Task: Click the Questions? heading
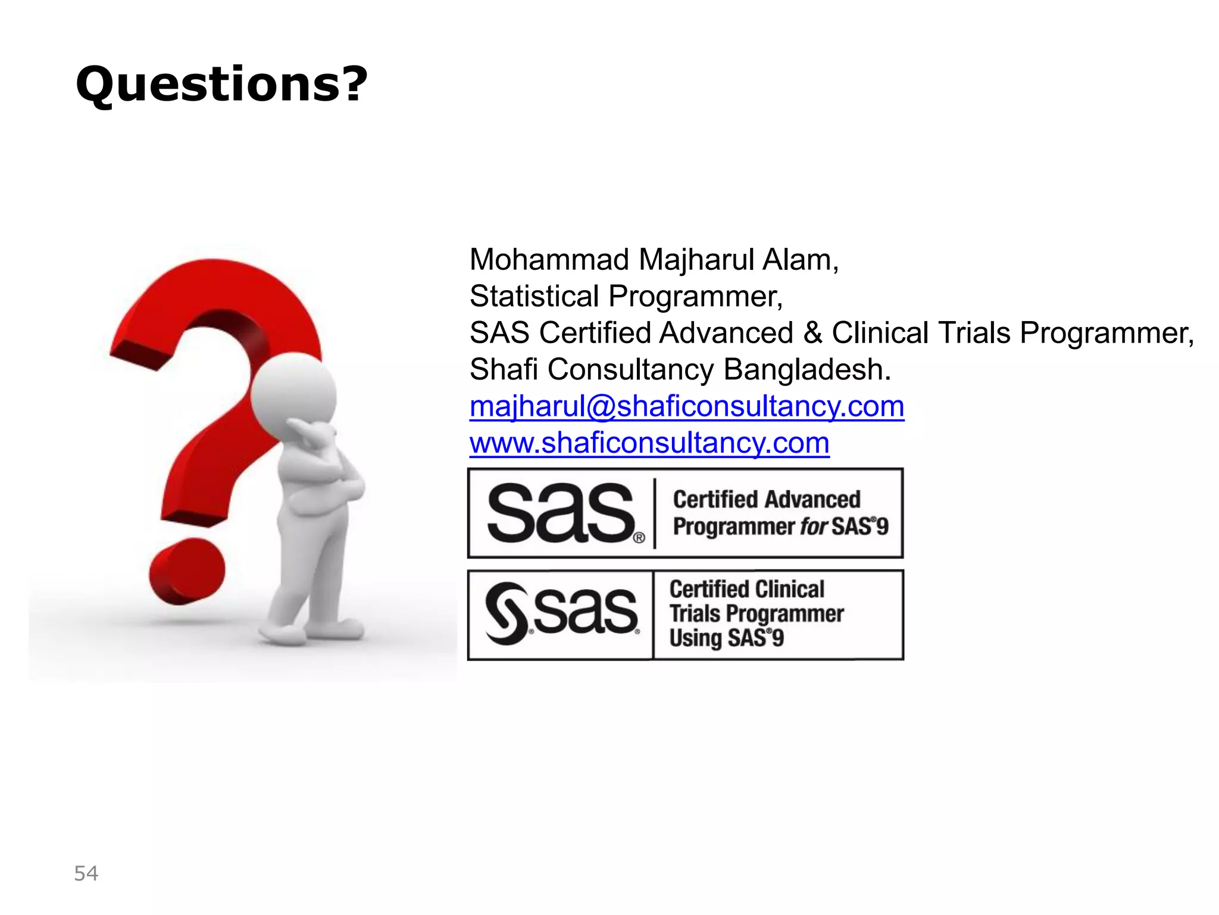pos(221,84)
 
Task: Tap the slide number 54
pos(86,873)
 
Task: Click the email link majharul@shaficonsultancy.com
pos(686,406)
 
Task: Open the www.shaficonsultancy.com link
pos(649,443)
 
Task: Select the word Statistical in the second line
pos(534,296)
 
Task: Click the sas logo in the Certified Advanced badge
pos(561,513)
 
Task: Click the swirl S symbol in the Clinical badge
pos(506,614)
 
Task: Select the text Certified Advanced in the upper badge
pos(767,499)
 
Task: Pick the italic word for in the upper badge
pos(813,527)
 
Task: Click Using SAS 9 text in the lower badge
pos(726,638)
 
